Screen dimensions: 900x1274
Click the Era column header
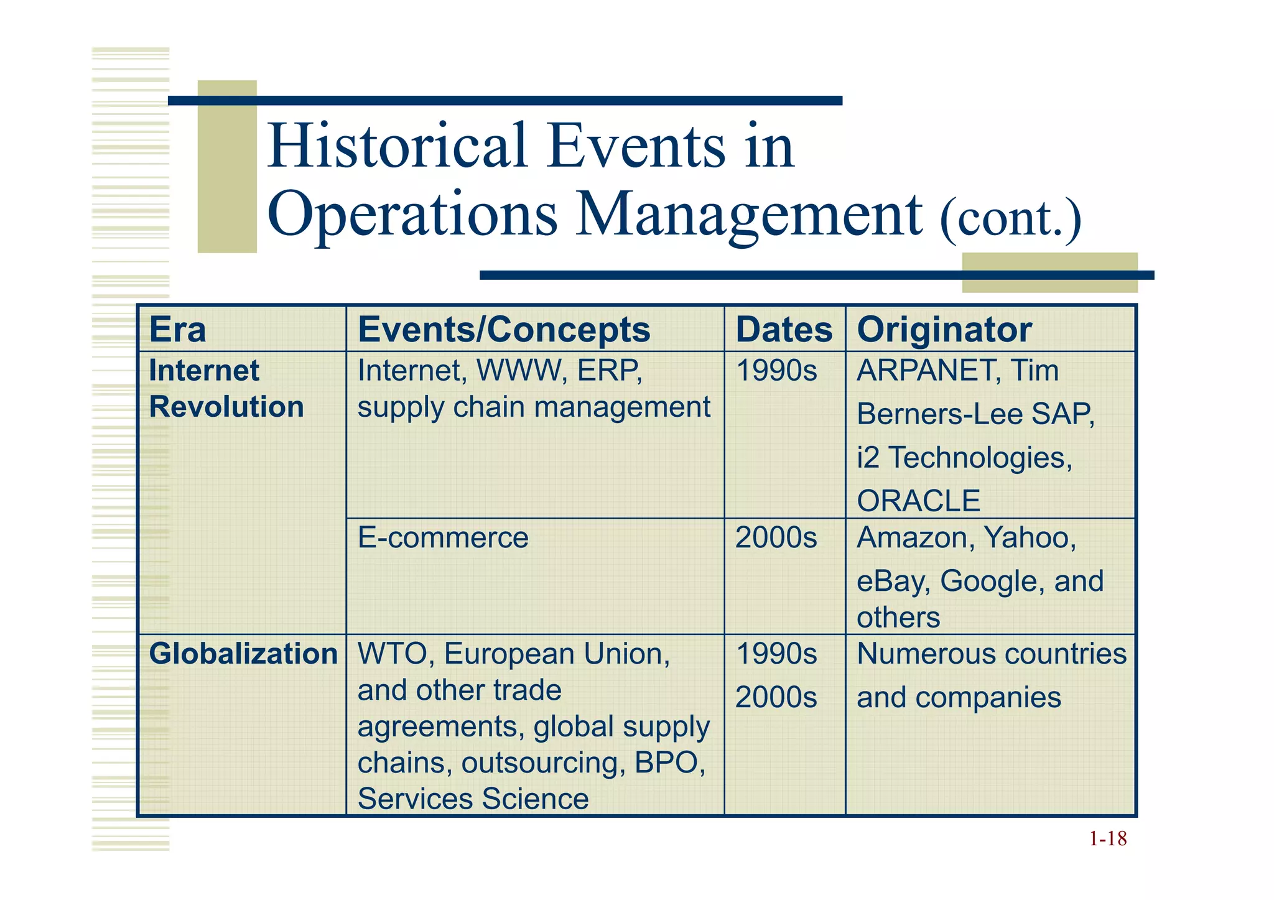click(177, 330)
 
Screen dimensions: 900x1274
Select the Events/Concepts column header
click(504, 330)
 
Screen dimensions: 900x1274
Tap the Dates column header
click(784, 330)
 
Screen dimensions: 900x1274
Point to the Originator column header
click(944, 330)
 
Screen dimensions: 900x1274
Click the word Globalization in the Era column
click(243, 654)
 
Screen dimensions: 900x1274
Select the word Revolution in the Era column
click(226, 407)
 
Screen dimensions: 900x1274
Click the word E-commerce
click(443, 537)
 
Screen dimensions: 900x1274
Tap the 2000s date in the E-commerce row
click(776, 537)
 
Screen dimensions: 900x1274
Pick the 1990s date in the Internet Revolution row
click(776, 371)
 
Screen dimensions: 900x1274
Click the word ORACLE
click(918, 501)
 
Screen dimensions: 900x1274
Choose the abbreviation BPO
click(669, 763)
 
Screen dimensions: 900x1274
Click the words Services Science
click(473, 799)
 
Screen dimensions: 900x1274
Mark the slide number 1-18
click(1107, 839)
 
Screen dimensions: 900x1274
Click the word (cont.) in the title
click(1010, 218)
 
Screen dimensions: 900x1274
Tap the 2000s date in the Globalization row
click(776, 698)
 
